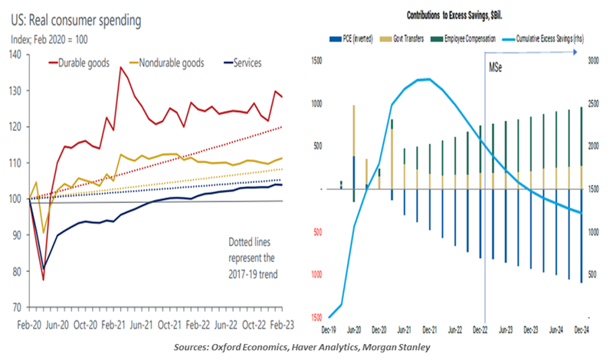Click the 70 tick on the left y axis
(x=15, y=306)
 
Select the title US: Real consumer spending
(x=77, y=21)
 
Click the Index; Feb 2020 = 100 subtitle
(x=58, y=40)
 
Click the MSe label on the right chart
(x=496, y=69)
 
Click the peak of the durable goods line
(x=121, y=67)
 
